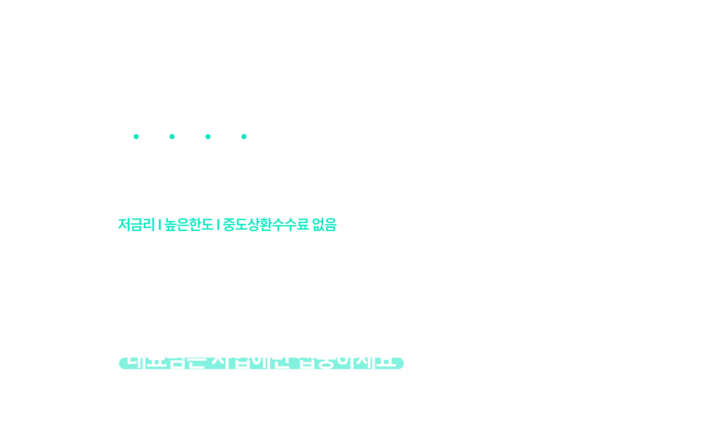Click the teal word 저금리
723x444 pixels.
(x=136, y=224)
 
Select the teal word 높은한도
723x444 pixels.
(x=189, y=224)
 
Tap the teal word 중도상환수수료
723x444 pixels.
(x=265, y=224)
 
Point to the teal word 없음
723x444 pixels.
(x=324, y=224)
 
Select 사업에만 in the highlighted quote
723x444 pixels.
(x=251, y=358)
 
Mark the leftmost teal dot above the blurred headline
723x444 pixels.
(x=136, y=137)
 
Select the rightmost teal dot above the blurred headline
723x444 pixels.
(x=244, y=137)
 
